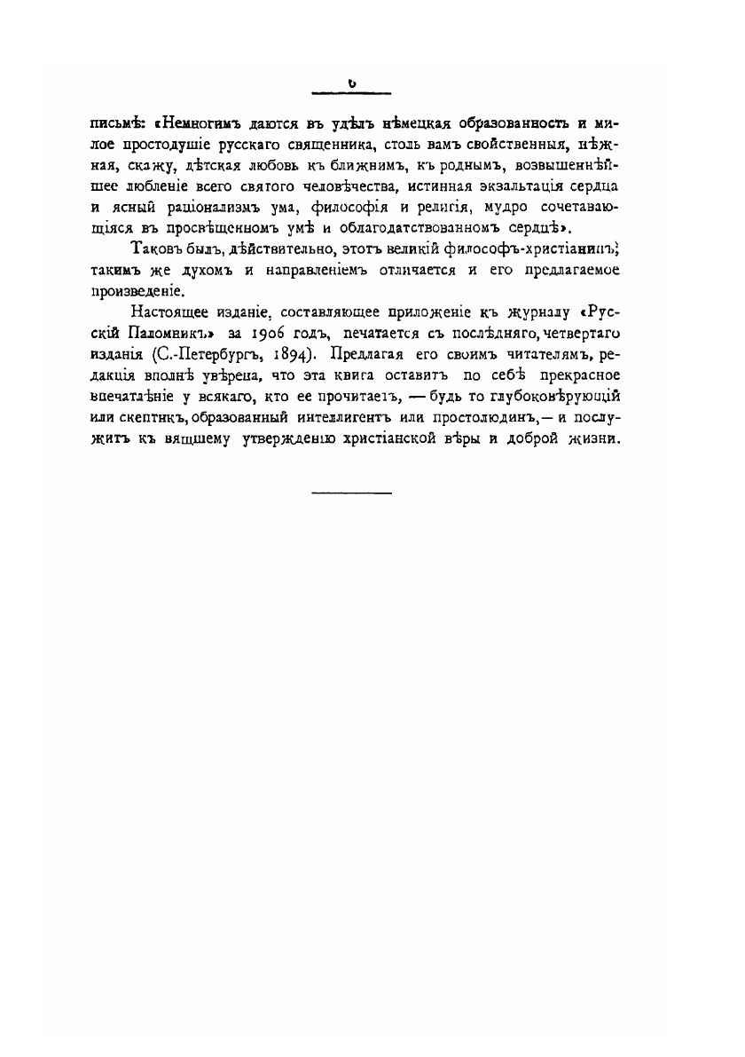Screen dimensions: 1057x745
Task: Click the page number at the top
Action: coord(352,83)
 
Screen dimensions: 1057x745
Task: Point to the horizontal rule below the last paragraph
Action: coord(352,493)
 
